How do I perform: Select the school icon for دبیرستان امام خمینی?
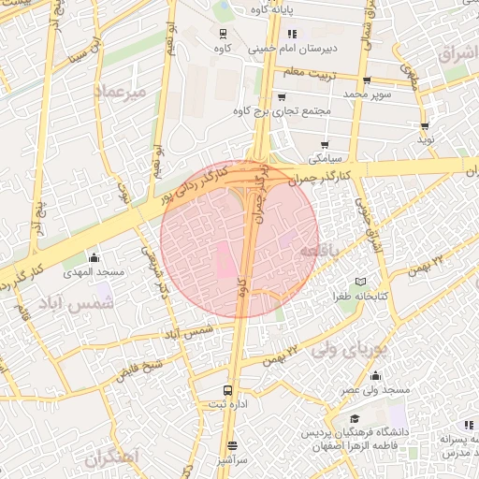[291, 33]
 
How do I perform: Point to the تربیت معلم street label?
[308, 71]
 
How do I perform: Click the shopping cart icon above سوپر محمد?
[366, 80]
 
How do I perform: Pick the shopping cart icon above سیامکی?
[325, 144]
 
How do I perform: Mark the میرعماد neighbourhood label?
[121, 92]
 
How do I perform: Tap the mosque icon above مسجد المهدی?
[93, 257]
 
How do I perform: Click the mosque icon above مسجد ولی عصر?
[375, 374]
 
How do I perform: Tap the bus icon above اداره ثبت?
[227, 390]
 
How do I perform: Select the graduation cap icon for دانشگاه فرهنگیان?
[355, 418]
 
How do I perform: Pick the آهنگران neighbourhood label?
[109, 458]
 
